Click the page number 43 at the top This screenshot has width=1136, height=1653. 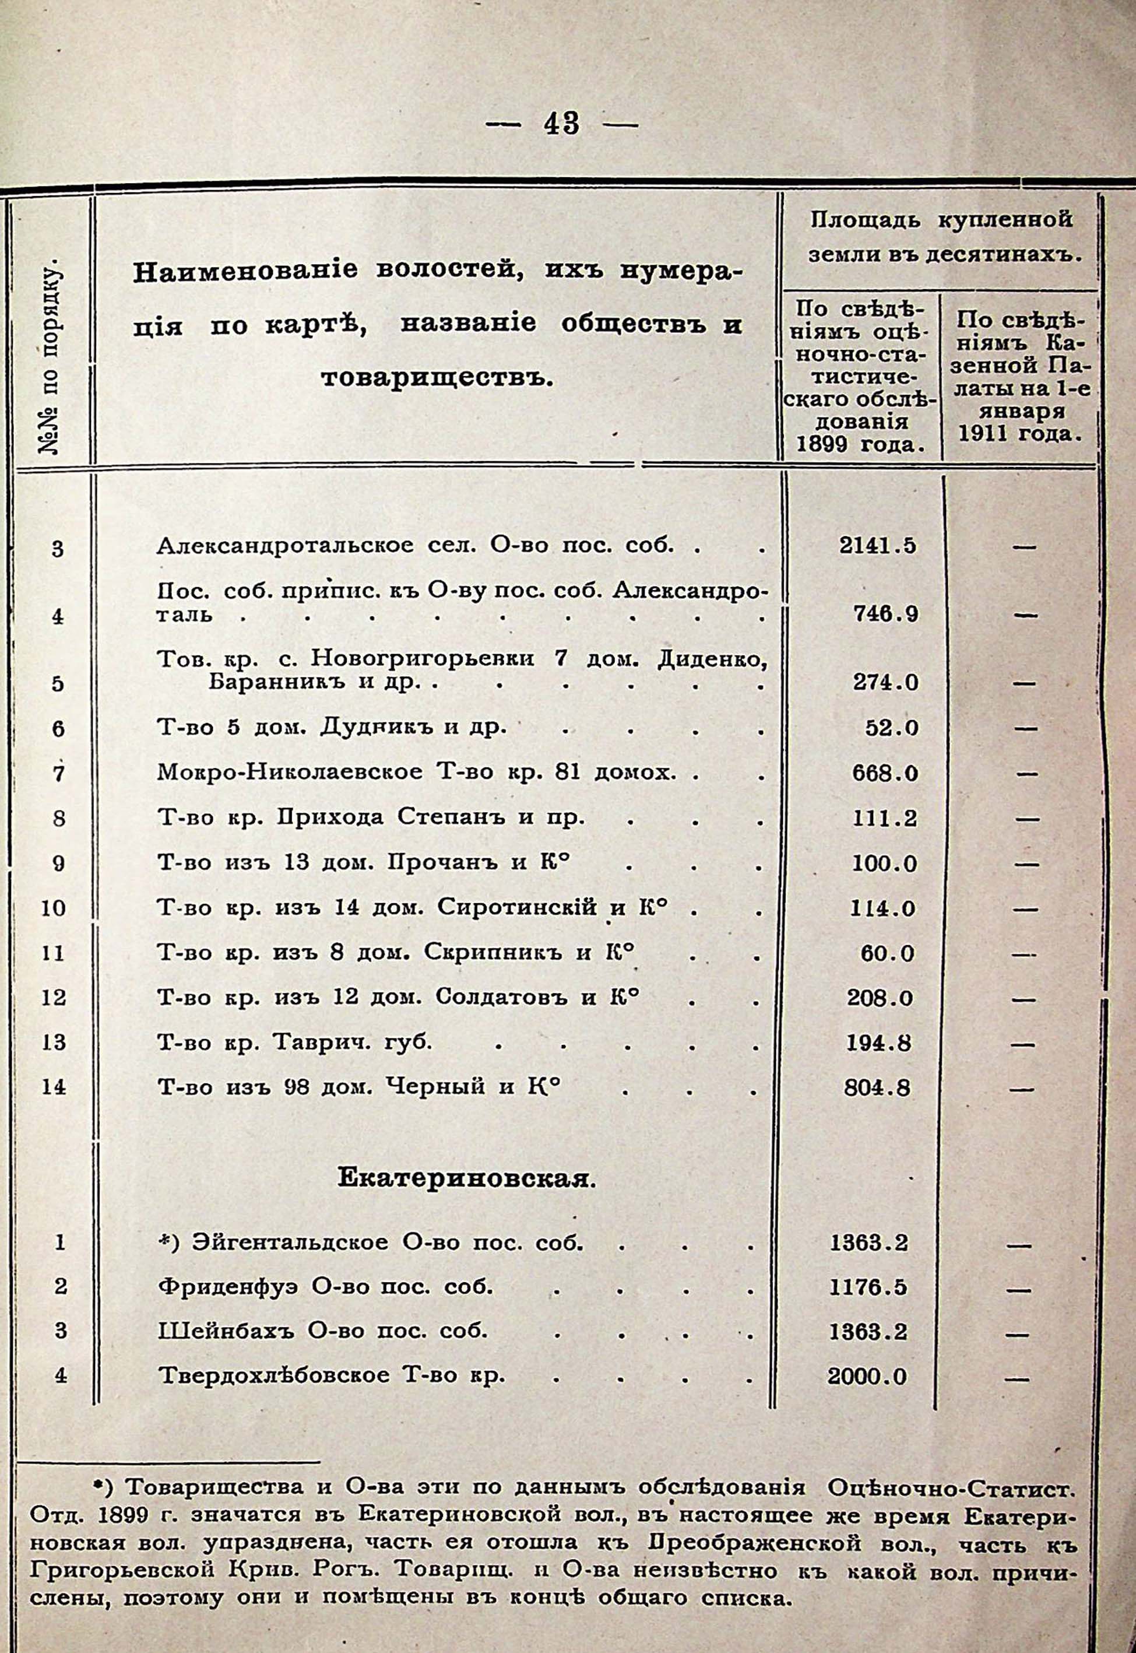point(562,125)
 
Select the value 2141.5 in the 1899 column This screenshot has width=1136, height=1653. point(877,546)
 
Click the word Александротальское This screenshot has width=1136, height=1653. point(284,546)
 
